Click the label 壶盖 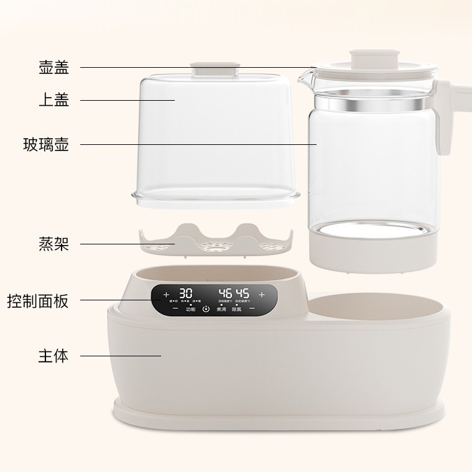[x=53, y=67]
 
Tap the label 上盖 [x=53, y=99]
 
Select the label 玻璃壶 [x=46, y=145]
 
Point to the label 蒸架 [x=53, y=243]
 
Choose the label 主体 [x=53, y=356]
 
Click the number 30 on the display [x=185, y=293]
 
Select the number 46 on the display [x=224, y=293]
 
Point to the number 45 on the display [x=242, y=293]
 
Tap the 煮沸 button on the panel [x=221, y=308]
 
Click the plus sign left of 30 [x=166, y=294]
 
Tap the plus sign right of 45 [x=262, y=294]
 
